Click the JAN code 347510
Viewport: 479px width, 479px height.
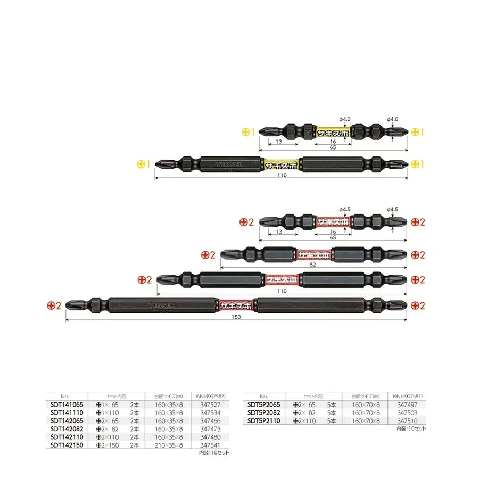coord(407,420)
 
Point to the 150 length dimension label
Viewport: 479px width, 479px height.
coord(236,317)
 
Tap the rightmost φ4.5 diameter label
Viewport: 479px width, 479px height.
coord(393,209)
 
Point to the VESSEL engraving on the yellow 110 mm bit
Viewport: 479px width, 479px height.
coord(230,164)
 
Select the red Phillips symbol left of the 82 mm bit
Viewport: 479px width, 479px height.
coord(208,255)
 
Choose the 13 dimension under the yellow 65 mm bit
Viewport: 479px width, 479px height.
coord(279,142)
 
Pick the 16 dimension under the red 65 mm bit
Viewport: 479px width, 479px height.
coord(333,233)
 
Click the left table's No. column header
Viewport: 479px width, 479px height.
coord(65,396)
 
